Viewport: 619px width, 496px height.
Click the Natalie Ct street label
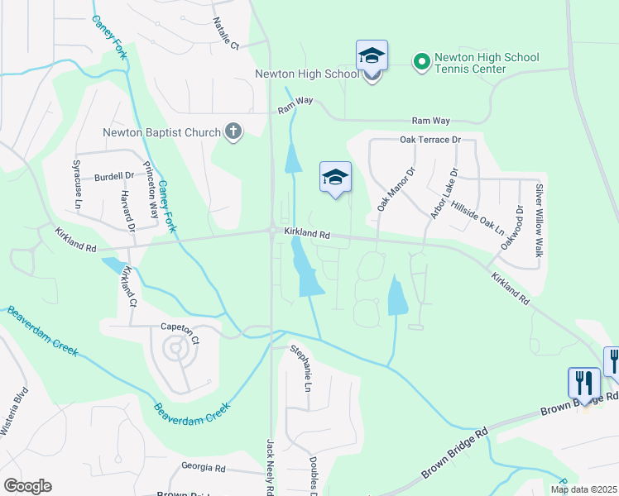tap(225, 34)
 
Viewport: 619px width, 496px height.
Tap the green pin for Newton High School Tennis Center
tap(421, 61)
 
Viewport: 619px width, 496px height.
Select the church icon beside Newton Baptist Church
tap(233, 131)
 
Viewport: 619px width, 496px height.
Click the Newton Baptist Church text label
tap(161, 132)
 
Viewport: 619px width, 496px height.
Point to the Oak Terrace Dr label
tap(429, 140)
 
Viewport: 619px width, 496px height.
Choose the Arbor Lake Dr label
tap(444, 198)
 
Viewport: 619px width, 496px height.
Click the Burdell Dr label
tap(113, 176)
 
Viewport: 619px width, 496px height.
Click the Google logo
tap(27, 486)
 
